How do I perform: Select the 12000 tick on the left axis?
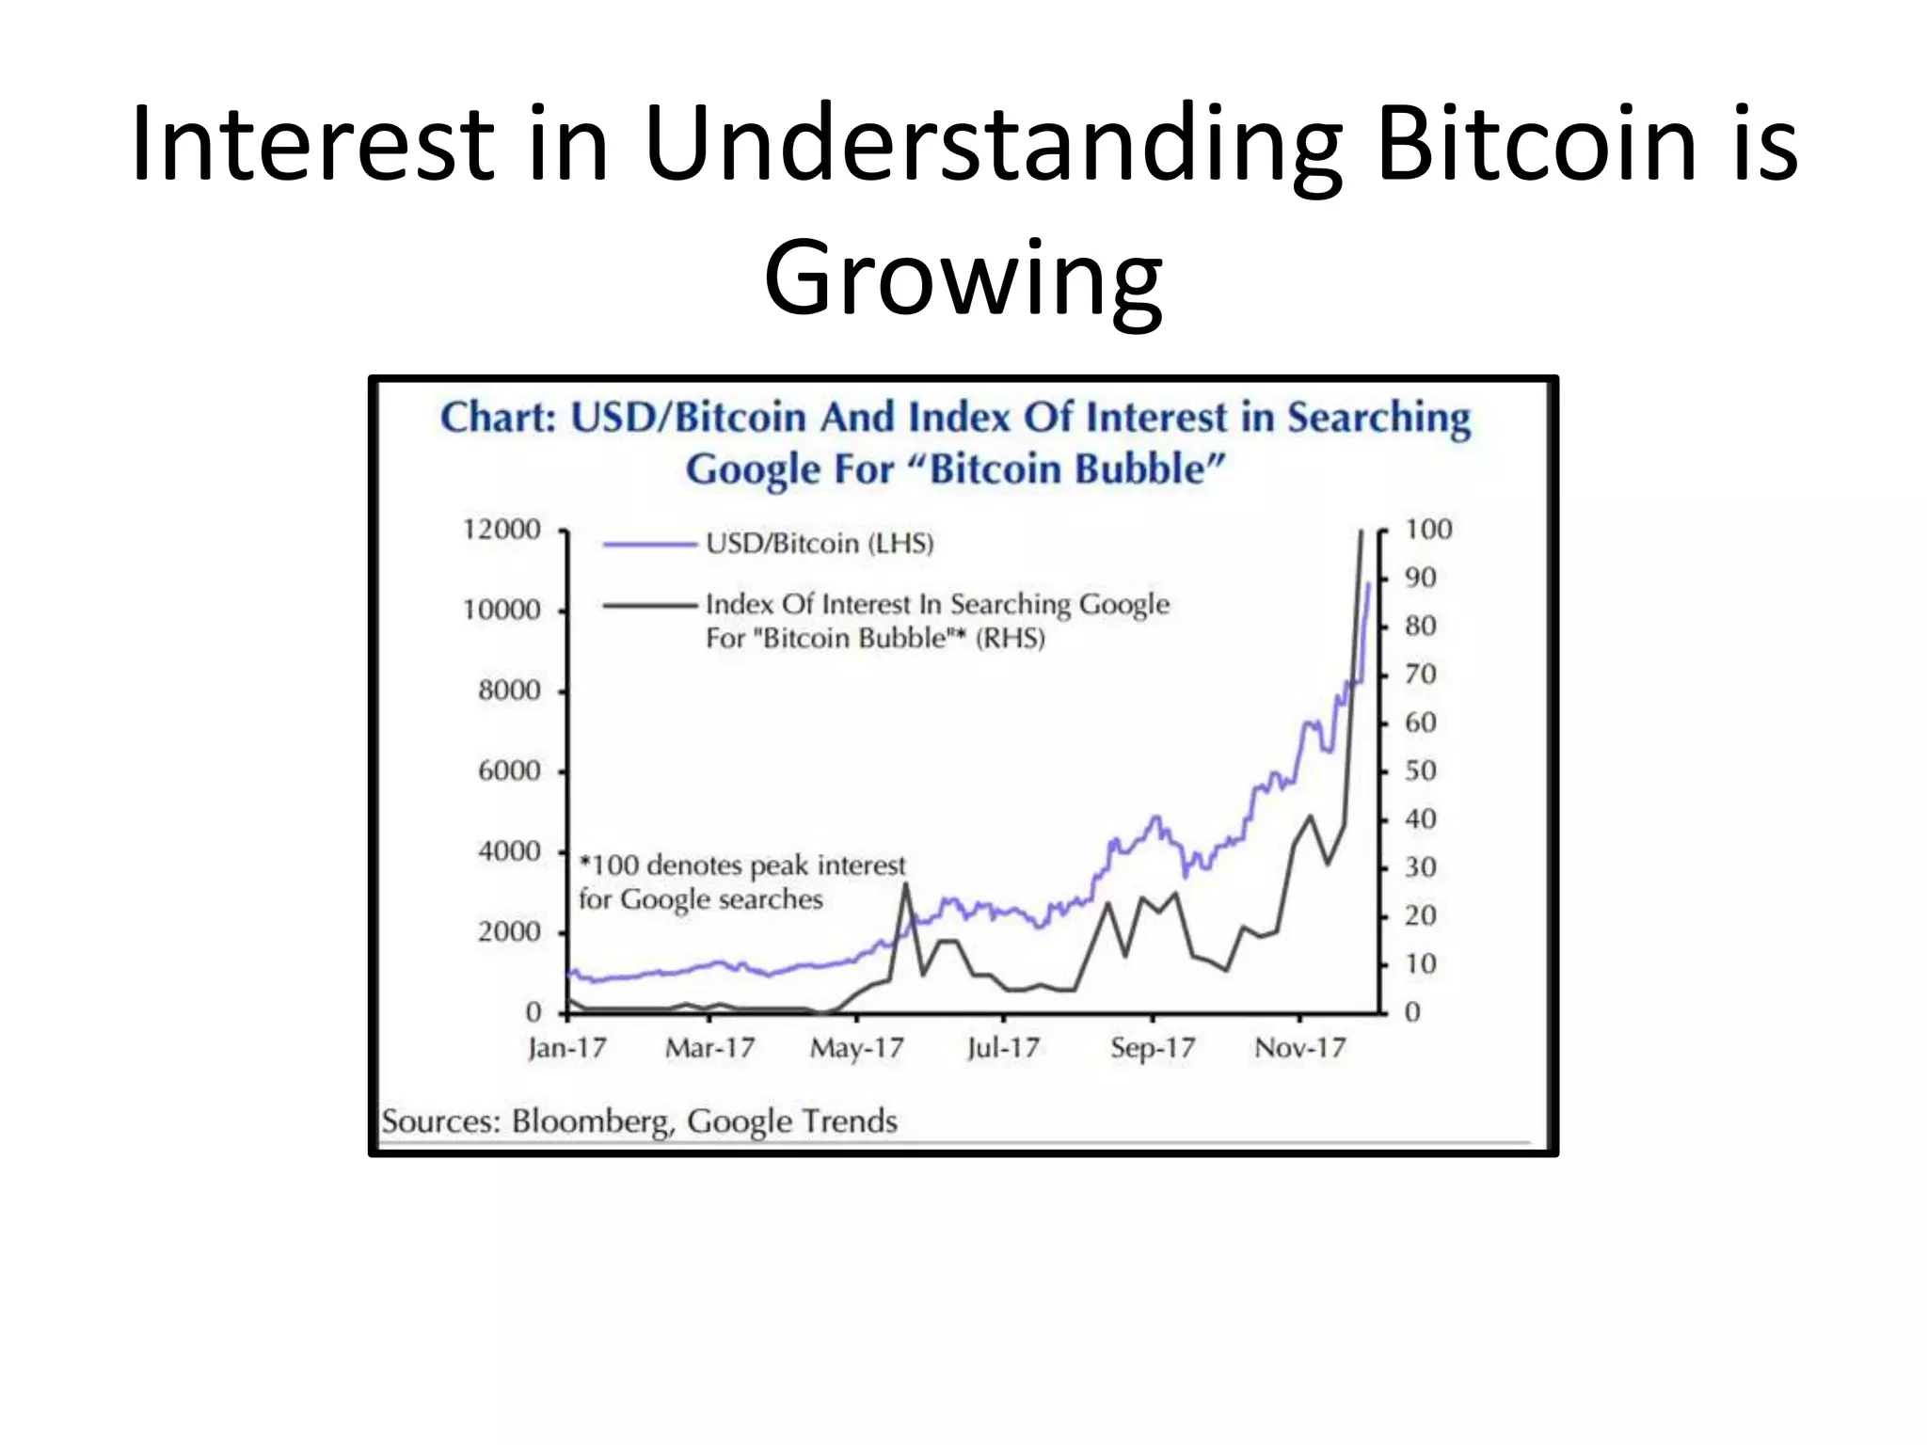(x=502, y=530)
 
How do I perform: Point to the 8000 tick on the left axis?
(x=509, y=691)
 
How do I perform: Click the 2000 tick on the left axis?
(x=509, y=932)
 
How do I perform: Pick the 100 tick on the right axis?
(x=1427, y=530)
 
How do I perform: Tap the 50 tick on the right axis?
(x=1420, y=771)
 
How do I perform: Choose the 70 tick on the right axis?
(x=1420, y=675)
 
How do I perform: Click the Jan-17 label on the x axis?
(x=566, y=1048)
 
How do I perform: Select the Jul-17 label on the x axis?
(x=1003, y=1048)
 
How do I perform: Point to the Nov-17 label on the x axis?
(x=1299, y=1048)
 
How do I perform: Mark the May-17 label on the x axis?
(x=856, y=1048)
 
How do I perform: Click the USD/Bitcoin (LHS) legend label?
(x=819, y=544)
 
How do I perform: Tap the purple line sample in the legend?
(x=649, y=544)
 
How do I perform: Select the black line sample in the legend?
(x=649, y=605)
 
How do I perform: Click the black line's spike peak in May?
(x=905, y=884)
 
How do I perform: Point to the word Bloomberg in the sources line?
(x=592, y=1121)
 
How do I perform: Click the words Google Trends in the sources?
(x=791, y=1121)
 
